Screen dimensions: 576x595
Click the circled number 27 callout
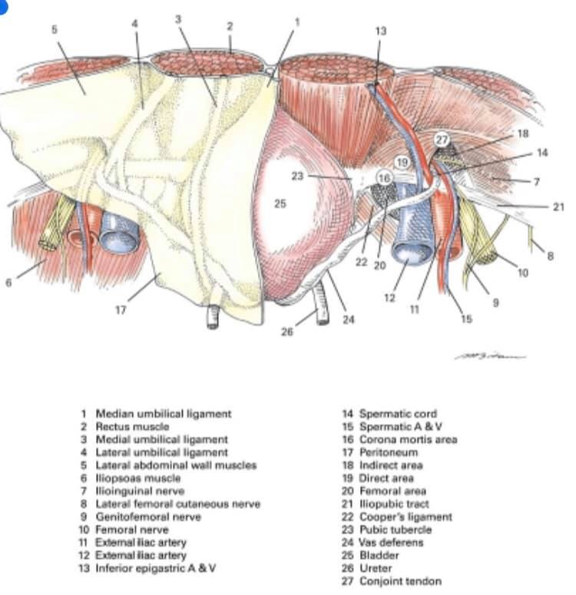442,140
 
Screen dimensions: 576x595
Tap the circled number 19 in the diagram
402,163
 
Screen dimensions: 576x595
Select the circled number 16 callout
385,178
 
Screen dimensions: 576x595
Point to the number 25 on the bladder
280,203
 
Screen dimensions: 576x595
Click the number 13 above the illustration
380,31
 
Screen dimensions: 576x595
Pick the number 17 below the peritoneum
121,310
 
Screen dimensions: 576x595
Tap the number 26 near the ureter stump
287,332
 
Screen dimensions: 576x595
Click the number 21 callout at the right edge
558,207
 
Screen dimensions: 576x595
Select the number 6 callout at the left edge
8,283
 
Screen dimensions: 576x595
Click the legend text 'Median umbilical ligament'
164,414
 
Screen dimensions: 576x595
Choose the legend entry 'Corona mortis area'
408,439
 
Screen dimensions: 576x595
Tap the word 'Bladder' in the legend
379,555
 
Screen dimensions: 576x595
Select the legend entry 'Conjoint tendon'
400,581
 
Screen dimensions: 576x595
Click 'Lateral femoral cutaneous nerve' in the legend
177,504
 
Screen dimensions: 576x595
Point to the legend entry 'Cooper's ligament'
406,517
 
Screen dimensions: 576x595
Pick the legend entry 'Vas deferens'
391,542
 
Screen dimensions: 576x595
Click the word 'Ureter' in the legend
376,568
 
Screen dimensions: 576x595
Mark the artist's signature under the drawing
490,357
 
